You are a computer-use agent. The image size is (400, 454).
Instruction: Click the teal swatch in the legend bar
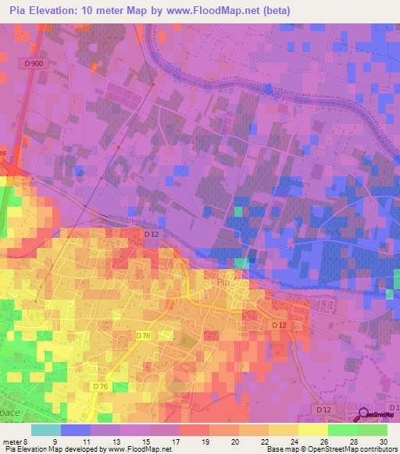pos(46,431)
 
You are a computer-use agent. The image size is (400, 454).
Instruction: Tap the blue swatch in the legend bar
pos(76,431)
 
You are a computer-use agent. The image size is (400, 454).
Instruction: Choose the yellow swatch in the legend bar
pos(313,431)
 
